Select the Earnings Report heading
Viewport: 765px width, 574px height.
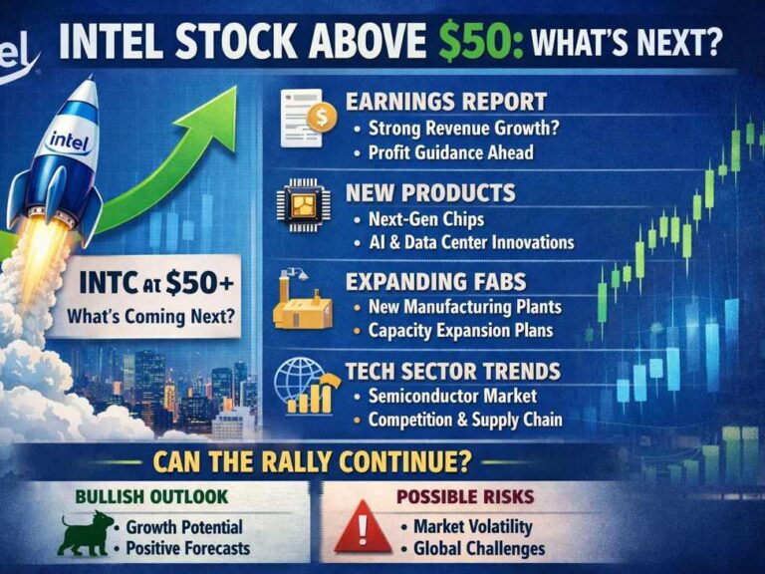click(445, 101)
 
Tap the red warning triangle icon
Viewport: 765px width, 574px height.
click(363, 529)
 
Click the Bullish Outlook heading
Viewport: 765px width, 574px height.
click(152, 495)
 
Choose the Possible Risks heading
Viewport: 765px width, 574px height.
click(466, 495)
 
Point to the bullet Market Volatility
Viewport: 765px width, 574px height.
click(473, 525)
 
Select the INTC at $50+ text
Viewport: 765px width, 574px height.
click(156, 283)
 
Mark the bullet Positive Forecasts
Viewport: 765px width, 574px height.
click(188, 547)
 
